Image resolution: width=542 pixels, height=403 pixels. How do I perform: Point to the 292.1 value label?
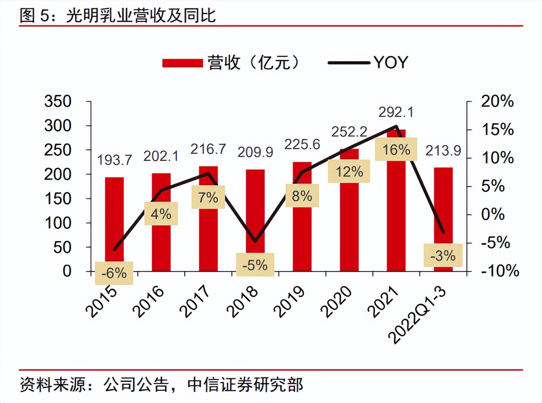pos(396,112)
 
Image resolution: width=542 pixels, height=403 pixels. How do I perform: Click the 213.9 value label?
pos(443,151)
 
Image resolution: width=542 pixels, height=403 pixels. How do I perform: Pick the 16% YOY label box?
pos(396,149)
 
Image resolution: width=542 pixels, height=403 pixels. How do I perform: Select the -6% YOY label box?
pos(114,273)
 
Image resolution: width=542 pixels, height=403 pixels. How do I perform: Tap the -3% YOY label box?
pos(443,255)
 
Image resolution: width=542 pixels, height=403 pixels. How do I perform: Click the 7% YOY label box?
pos(208,197)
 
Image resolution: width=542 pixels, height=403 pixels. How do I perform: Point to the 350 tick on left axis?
pos(58,101)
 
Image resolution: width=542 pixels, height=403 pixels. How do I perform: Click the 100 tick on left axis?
pos(58,223)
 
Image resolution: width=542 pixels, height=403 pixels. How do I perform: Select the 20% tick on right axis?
pos(497,101)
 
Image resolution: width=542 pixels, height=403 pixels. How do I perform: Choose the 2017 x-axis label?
pos(195,302)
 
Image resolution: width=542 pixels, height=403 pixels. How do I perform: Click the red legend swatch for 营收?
pos(182,63)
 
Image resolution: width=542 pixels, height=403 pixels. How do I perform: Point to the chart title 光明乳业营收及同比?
pos(141,16)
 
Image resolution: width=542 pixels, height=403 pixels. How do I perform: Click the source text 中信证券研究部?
pos(245,385)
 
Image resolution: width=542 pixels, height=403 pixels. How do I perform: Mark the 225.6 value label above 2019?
pos(302,145)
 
